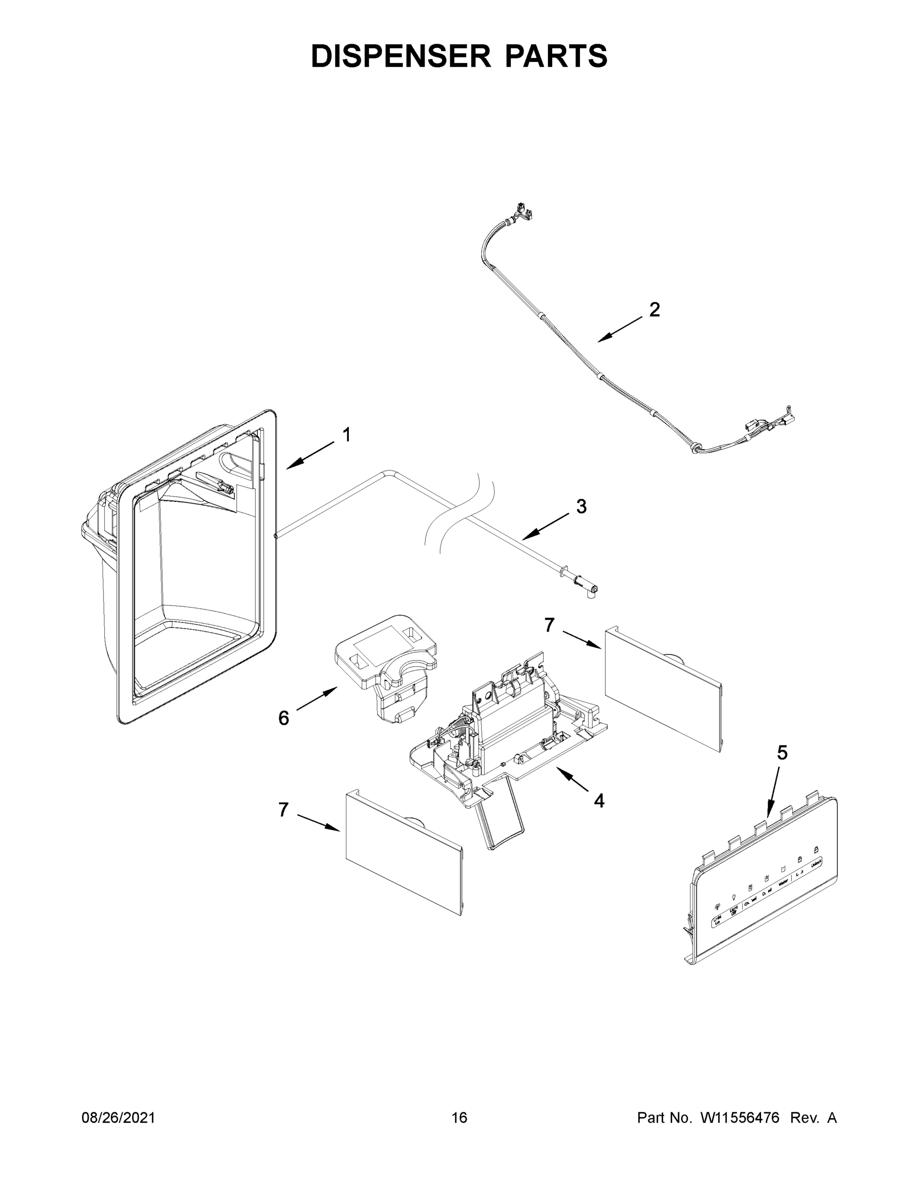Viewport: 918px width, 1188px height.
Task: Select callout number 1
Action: (346, 435)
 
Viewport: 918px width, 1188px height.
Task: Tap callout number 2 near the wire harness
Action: (655, 309)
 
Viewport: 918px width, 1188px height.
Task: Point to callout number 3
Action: (581, 506)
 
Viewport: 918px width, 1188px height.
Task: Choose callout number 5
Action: (781, 753)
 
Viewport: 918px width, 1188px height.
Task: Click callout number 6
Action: (284, 718)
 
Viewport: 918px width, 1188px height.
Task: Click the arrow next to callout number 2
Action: (620, 330)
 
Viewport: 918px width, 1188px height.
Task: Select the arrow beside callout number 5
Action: (773, 794)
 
